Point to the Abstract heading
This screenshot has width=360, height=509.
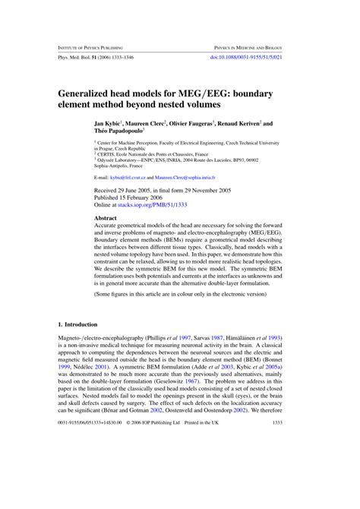click(x=106, y=218)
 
